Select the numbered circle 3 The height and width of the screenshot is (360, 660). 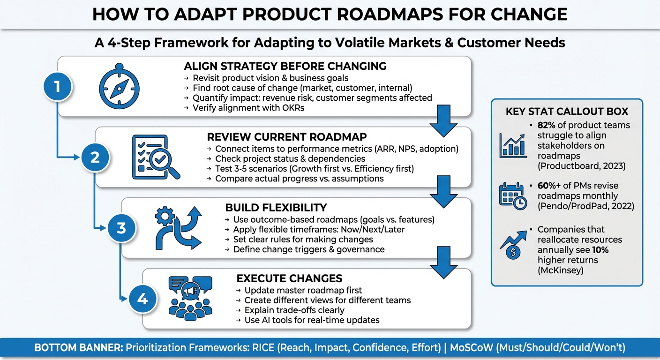click(121, 228)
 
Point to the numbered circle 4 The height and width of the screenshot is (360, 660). click(142, 299)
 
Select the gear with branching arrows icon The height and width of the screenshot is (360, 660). click(179, 228)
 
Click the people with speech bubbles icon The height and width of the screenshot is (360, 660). click(190, 298)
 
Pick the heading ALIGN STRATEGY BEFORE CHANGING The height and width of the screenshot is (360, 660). click(285, 66)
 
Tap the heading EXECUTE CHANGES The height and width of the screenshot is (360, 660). click(289, 278)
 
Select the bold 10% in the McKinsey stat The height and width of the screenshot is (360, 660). click(600, 250)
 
